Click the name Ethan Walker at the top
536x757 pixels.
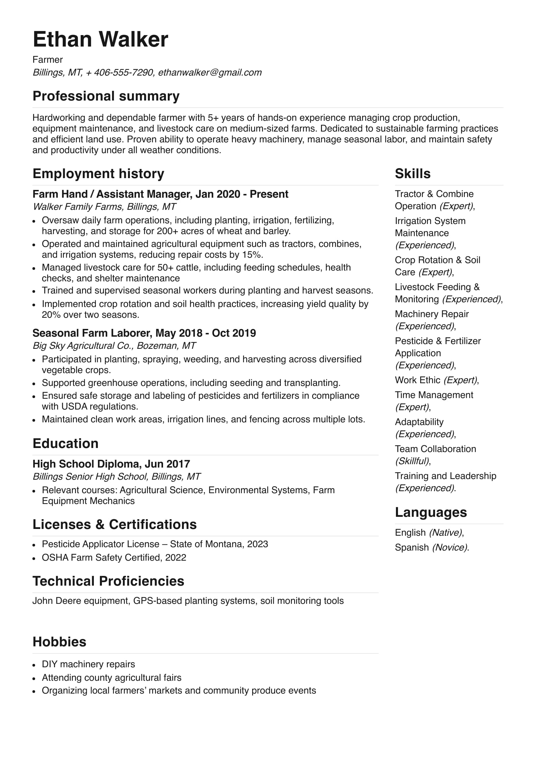click(100, 39)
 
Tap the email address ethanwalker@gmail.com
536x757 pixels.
click(210, 73)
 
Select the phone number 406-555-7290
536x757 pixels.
click(123, 73)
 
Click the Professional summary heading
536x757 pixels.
click(106, 96)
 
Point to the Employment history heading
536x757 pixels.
click(98, 174)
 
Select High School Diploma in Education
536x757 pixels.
click(86, 464)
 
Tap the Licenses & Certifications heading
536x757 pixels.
click(114, 525)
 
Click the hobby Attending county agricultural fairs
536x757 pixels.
click(111, 678)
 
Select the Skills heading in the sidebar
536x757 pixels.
click(412, 174)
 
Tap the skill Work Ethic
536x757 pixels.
click(418, 380)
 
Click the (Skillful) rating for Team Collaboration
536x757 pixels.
click(412, 461)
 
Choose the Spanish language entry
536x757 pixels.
click(412, 548)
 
